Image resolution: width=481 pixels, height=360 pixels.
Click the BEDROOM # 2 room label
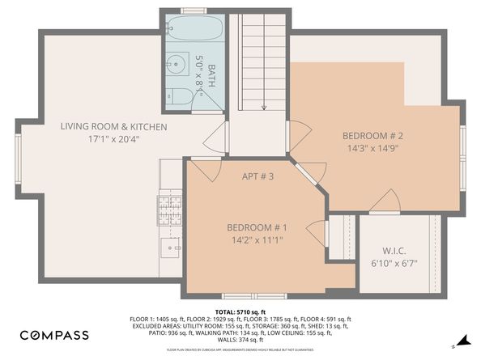(372, 136)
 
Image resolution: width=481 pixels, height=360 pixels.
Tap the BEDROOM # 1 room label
(256, 227)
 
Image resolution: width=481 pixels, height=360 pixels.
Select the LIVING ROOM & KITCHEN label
(114, 127)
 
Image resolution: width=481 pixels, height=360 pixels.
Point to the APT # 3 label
(258, 176)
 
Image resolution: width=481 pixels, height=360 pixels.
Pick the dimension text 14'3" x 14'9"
(372, 148)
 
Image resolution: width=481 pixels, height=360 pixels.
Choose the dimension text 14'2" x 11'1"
(256, 239)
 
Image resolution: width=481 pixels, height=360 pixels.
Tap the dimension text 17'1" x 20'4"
(114, 139)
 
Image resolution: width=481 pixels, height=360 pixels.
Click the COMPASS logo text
(55, 335)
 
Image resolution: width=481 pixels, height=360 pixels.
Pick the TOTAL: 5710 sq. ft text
(240, 311)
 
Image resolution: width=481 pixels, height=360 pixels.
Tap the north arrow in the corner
(462, 339)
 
